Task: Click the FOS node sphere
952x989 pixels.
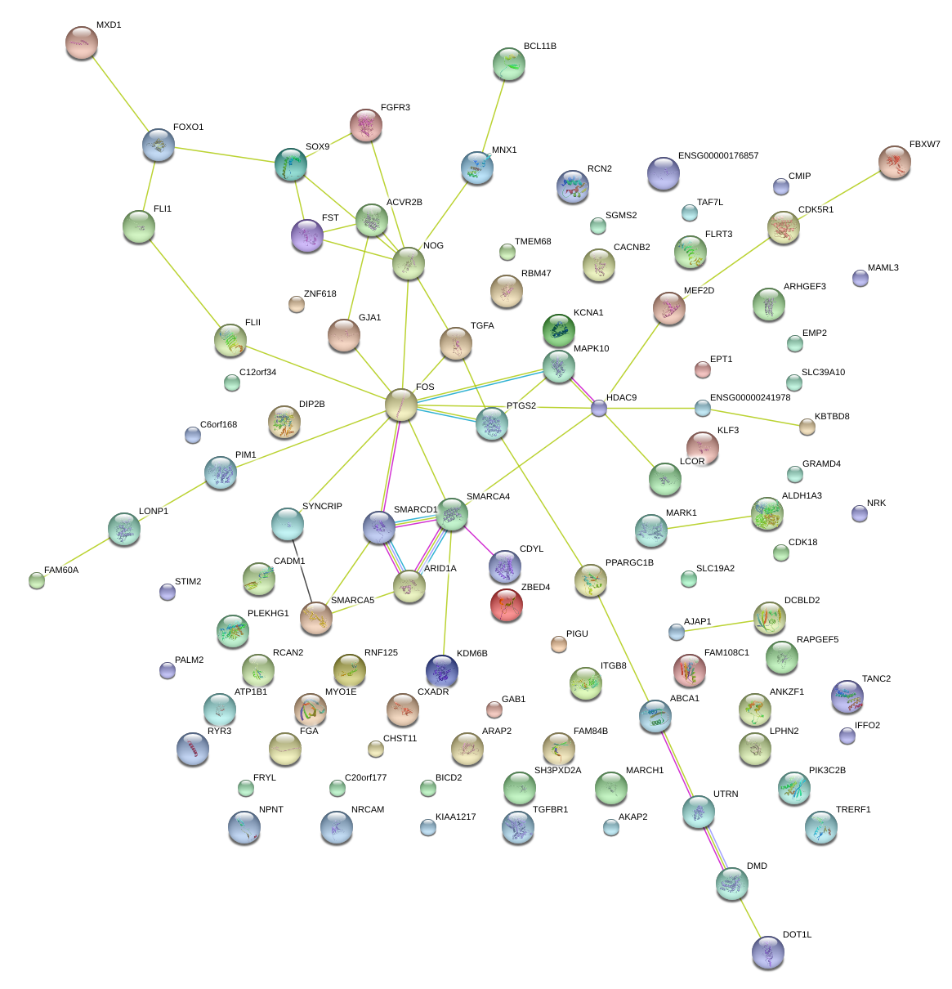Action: pyautogui.click(x=400, y=405)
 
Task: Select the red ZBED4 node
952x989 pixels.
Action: pyautogui.click(x=507, y=605)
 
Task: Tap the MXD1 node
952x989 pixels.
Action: pyautogui.click(x=81, y=42)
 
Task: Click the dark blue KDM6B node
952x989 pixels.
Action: pyautogui.click(x=442, y=670)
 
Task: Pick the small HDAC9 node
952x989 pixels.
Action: pyautogui.click(x=599, y=408)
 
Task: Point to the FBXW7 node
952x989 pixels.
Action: pyautogui.click(x=895, y=162)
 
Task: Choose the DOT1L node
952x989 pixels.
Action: pyautogui.click(x=767, y=951)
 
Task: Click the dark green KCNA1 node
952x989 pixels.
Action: pyautogui.click(x=559, y=329)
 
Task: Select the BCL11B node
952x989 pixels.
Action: pyautogui.click(x=509, y=64)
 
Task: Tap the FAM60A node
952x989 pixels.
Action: pyautogui.click(x=36, y=580)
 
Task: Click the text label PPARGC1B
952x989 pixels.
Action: pyautogui.click(x=629, y=563)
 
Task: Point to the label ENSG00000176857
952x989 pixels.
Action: pyautogui.click(x=717, y=156)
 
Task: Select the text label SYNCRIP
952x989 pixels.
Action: pyautogui.click(x=322, y=507)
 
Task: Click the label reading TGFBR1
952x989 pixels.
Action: pyautogui.click(x=550, y=810)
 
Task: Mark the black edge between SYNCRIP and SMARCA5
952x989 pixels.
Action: pyautogui.click(x=302, y=572)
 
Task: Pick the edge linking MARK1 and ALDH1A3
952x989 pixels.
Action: pyautogui.click(x=708, y=521)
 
